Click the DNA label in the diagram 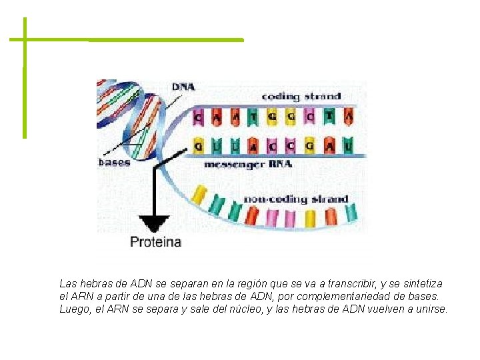[183, 87]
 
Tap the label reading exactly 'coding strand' [301, 97]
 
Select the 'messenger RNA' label [247, 164]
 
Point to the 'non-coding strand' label [295, 199]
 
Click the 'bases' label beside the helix [114, 162]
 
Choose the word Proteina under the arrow [155, 241]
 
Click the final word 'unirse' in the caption [431, 309]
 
